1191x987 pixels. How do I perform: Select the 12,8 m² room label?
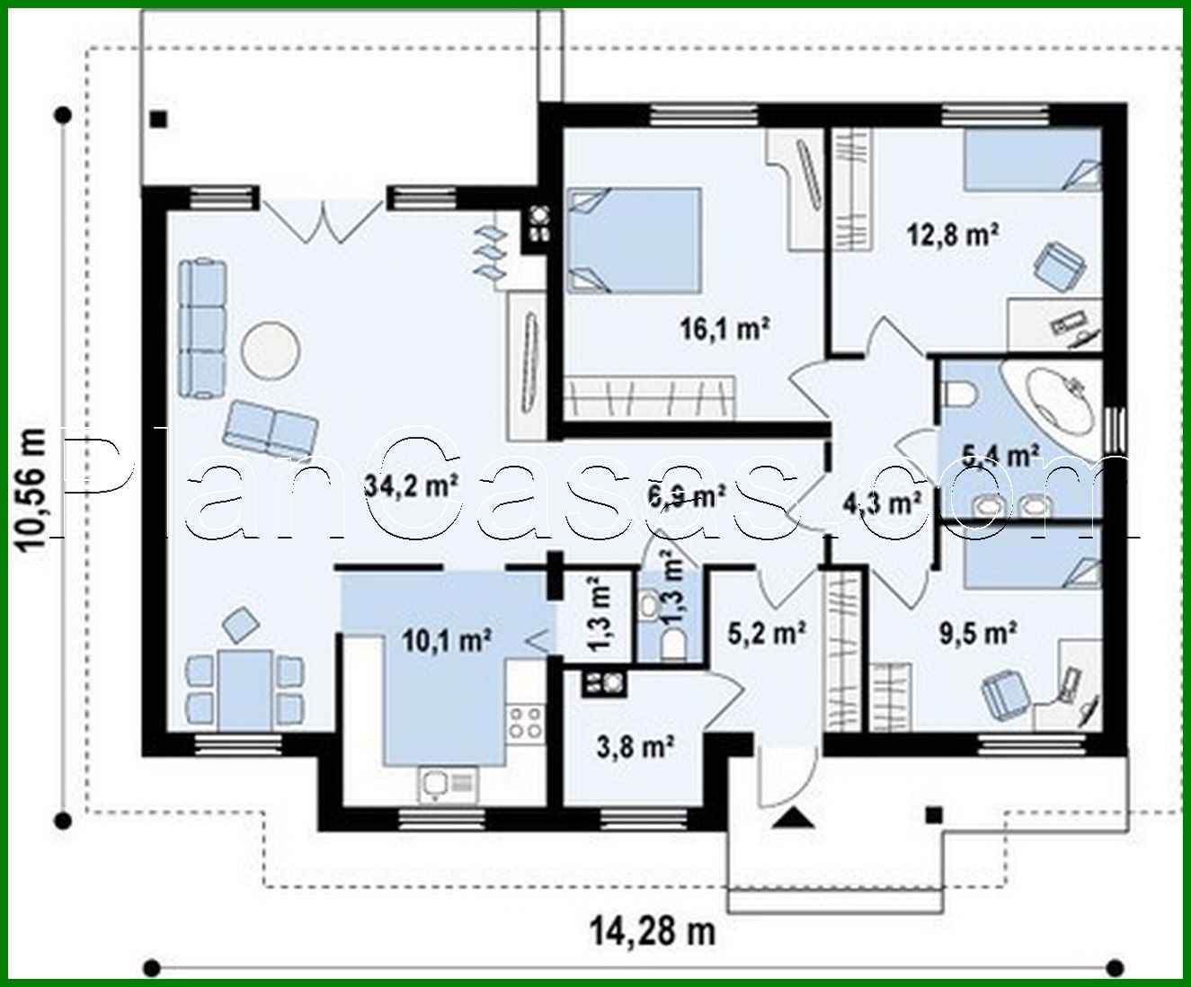click(952, 235)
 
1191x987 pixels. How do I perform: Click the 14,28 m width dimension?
click(653, 930)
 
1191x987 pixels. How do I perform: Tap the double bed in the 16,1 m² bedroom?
click(634, 240)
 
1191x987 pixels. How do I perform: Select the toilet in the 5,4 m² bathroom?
click(960, 393)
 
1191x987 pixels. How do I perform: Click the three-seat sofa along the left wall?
click(203, 328)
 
